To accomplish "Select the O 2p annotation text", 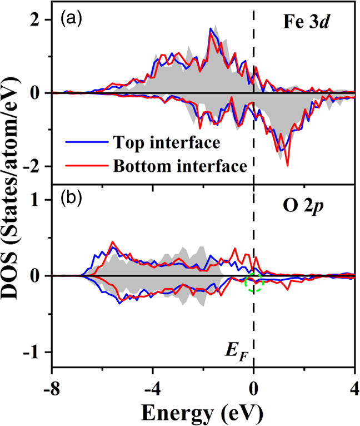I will tap(323, 202).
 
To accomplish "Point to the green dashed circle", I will tap(254, 281).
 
